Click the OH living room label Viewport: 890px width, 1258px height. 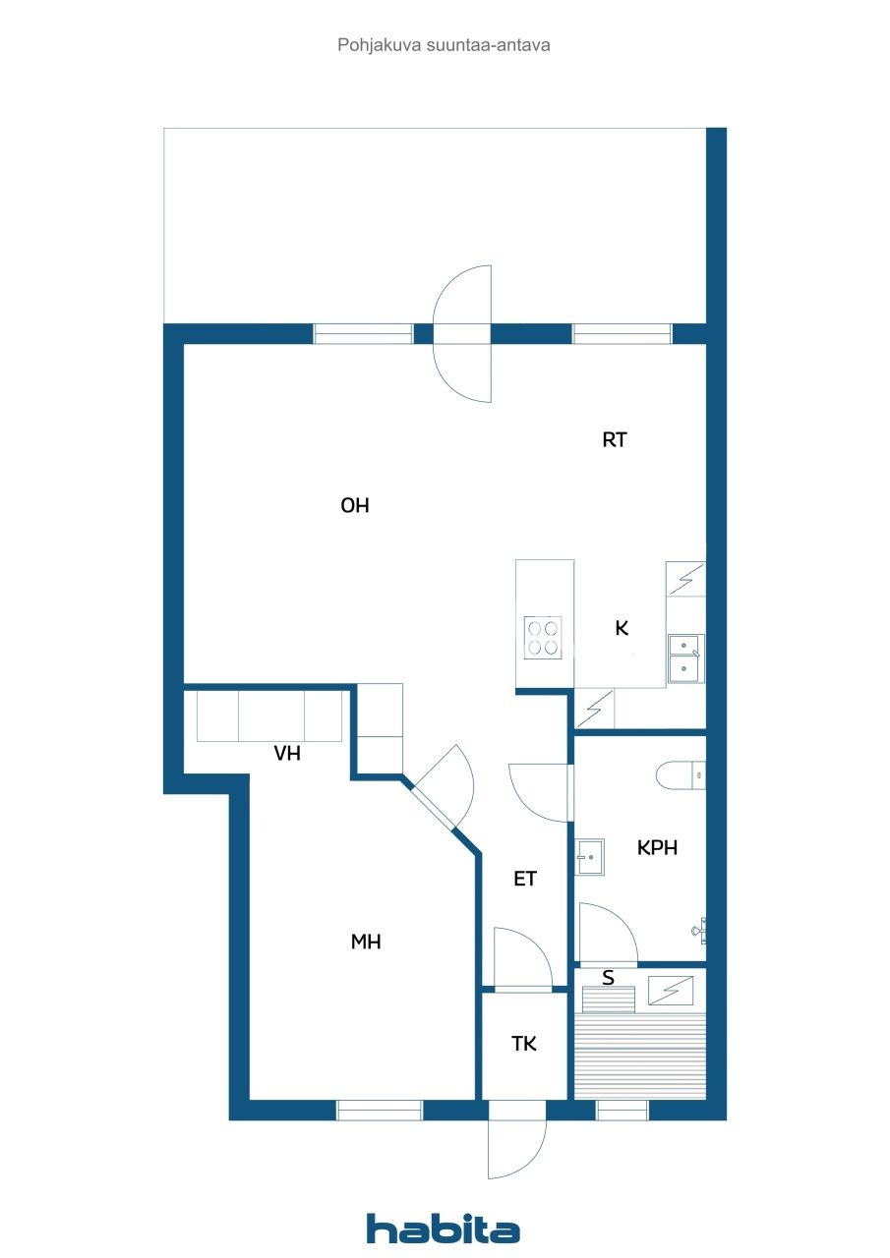(354, 506)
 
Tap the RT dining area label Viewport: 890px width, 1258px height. (615, 440)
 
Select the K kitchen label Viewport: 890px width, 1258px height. (622, 628)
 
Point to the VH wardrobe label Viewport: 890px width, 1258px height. (287, 754)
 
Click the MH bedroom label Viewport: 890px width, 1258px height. (366, 942)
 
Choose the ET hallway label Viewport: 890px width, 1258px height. (525, 879)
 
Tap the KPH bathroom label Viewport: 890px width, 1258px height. (657, 847)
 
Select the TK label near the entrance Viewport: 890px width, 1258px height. (524, 1044)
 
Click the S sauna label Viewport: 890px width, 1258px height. (608, 978)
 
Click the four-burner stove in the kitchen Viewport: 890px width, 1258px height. (543, 637)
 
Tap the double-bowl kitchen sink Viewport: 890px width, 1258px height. (684, 658)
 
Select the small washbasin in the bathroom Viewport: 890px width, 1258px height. (590, 856)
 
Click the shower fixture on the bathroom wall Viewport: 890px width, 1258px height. (699, 928)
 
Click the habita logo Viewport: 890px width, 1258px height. (443, 1229)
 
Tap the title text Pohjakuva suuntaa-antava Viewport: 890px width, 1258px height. (444, 44)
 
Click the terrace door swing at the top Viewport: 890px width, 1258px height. (462, 333)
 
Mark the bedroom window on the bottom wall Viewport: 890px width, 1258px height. (380, 1111)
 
